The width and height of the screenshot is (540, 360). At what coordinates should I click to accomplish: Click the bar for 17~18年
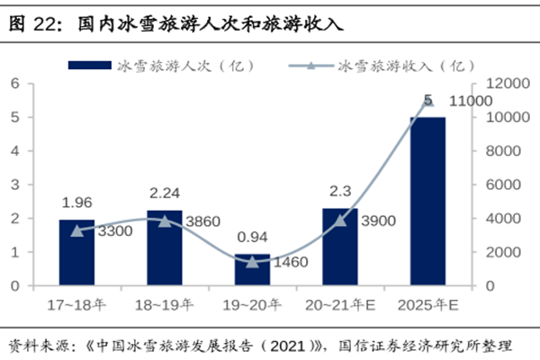coord(76,252)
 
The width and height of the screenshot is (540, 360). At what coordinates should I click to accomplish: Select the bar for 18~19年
coord(165,247)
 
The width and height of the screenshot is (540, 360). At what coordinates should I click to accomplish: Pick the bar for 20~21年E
coord(340,247)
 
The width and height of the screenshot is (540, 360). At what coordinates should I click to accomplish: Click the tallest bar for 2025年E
coord(427,201)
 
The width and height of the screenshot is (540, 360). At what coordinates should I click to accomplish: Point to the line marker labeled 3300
coord(76,230)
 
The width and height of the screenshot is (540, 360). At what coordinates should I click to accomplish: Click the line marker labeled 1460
coord(252,261)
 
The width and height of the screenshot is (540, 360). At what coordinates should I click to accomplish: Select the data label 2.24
coord(165,193)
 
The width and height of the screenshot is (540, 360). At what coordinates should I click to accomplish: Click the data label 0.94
coord(252,237)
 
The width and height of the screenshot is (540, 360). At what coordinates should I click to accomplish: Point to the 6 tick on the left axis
coord(15,84)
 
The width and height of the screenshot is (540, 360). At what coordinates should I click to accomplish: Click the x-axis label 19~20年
coord(252,306)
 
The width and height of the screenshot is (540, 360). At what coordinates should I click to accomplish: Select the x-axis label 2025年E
coord(427,306)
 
